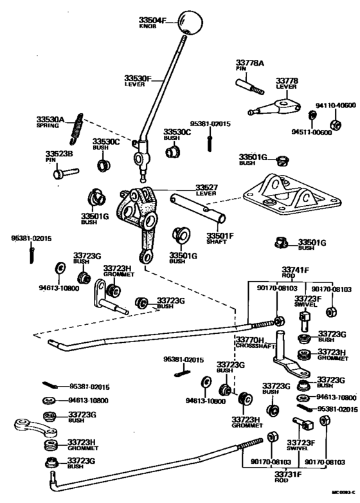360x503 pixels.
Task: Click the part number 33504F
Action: click(152, 21)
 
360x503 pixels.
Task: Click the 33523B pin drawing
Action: click(65, 172)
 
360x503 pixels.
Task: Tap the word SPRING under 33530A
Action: click(47, 126)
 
